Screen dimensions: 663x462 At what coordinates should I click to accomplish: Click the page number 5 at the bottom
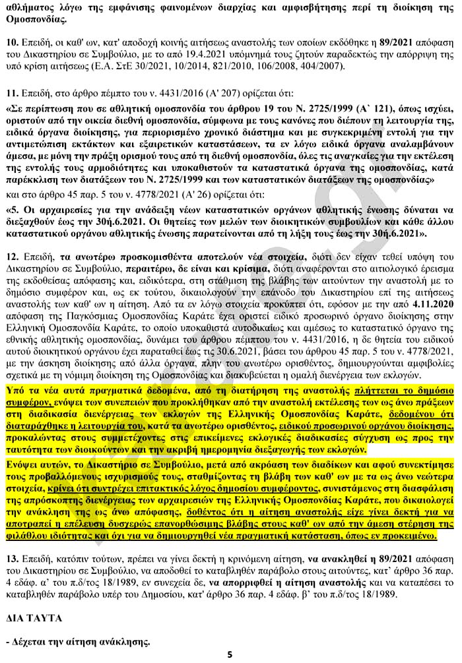(x=230, y=654)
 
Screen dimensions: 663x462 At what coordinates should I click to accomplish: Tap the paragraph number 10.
(x=11, y=42)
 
